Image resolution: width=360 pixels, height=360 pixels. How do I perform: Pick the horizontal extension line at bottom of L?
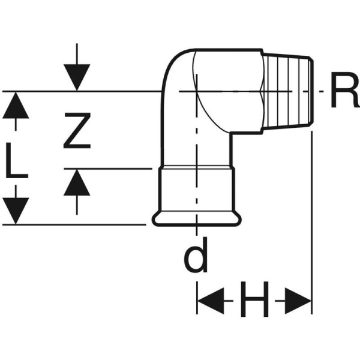[78, 224]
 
